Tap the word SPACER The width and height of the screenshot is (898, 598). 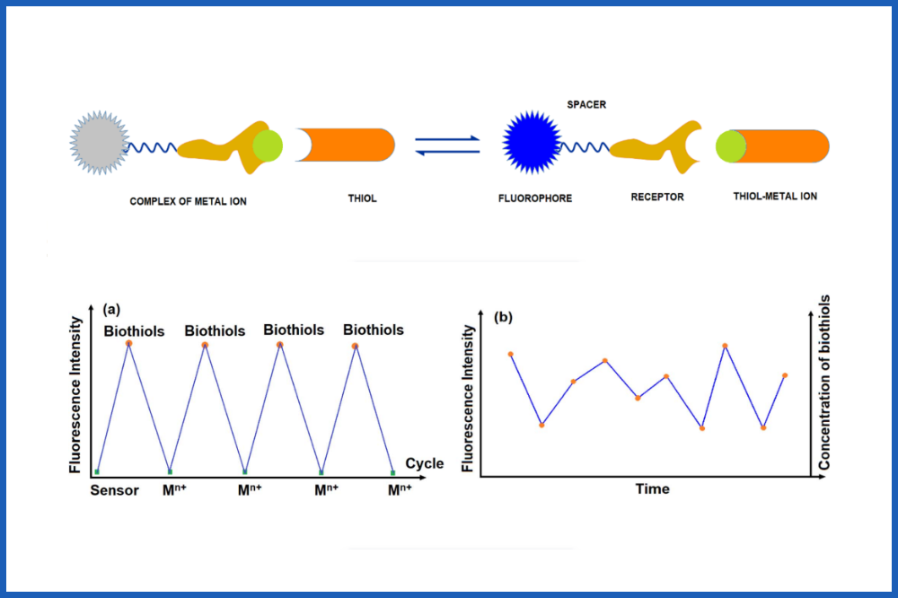click(586, 105)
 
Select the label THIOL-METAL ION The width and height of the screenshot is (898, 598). click(775, 197)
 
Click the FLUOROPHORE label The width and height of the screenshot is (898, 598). click(535, 198)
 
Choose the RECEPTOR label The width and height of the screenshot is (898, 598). click(656, 197)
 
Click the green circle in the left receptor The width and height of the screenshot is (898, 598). click(267, 145)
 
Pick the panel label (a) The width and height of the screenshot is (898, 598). click(112, 309)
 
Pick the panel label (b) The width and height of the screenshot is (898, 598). click(504, 317)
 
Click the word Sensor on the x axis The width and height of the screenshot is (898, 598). click(114, 490)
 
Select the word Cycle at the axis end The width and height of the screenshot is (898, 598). click(424, 463)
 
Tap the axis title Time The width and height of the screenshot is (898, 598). click(652, 489)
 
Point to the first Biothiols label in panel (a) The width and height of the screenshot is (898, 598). click(134, 330)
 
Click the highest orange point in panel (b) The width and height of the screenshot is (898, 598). click(725, 346)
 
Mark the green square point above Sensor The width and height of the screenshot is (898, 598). click(96, 471)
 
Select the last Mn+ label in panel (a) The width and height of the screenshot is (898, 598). click(400, 490)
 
